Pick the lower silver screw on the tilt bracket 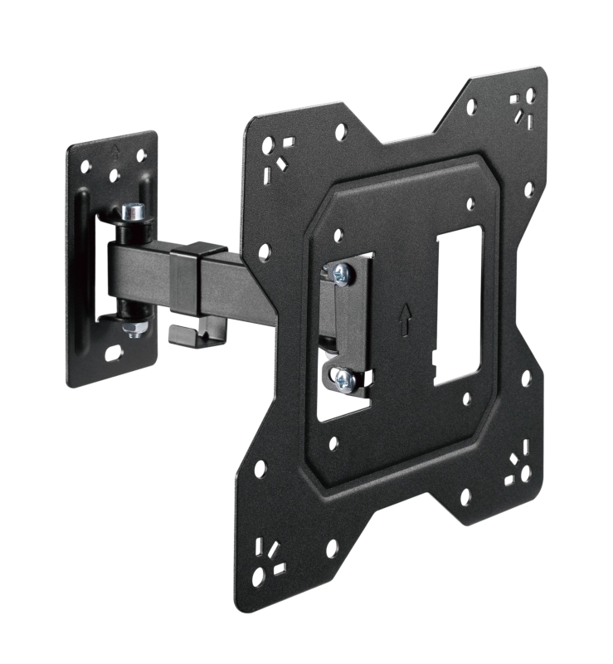tap(343, 381)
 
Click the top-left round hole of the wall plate tap(85, 167)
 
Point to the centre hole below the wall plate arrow tap(114, 175)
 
